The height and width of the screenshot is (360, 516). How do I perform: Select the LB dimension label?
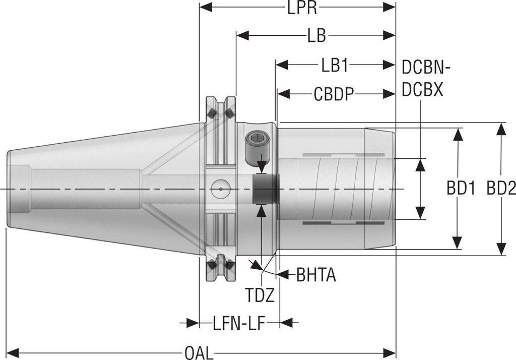click(x=316, y=36)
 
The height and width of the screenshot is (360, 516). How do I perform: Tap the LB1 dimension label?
click(x=336, y=65)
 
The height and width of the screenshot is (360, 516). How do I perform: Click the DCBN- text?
click(x=426, y=66)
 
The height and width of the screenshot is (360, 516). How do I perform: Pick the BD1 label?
click(x=461, y=189)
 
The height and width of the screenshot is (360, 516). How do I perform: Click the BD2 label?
click(x=501, y=189)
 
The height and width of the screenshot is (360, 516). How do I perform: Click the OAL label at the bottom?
click(x=199, y=352)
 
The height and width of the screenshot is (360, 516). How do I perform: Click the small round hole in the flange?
click(x=220, y=189)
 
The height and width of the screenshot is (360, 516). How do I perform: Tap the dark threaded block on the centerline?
click(x=264, y=189)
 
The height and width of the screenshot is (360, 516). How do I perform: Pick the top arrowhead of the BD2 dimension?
click(x=500, y=129)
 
